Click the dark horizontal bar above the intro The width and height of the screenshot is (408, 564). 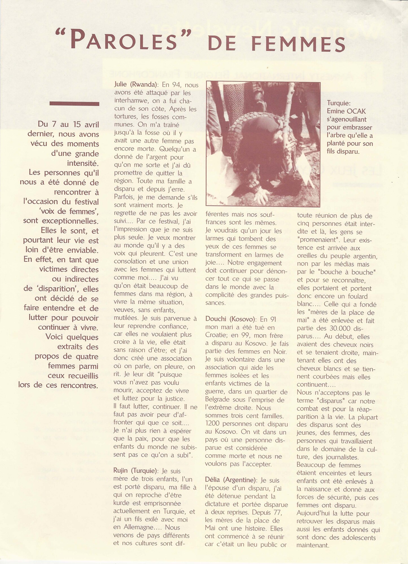tap(74, 104)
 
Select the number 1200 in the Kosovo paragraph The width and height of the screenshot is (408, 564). tap(214, 424)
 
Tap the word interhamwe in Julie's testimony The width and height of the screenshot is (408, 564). tap(132, 101)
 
